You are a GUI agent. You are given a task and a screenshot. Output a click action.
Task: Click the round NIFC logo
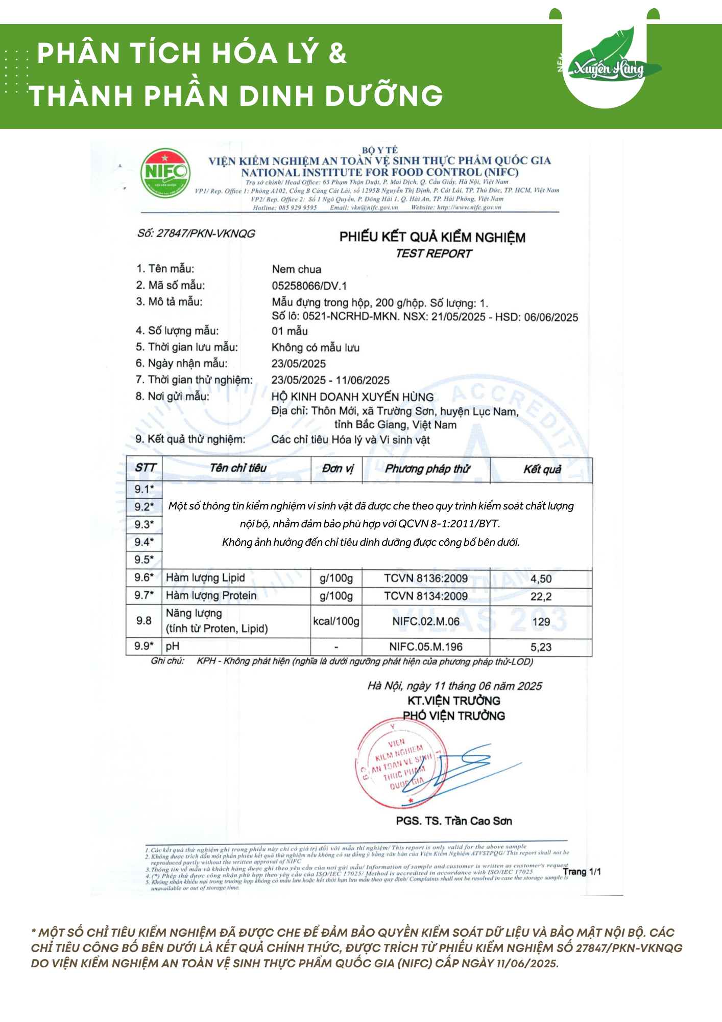pyautogui.click(x=165, y=173)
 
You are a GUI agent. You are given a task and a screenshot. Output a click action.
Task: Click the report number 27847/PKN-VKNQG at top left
pyautogui.click(x=196, y=234)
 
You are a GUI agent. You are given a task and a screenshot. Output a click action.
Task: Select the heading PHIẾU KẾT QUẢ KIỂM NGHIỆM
pyautogui.click(x=432, y=237)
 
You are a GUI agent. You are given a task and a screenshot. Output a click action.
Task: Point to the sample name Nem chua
pyautogui.click(x=297, y=269)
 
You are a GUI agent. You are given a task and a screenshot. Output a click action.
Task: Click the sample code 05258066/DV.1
pyautogui.click(x=309, y=286)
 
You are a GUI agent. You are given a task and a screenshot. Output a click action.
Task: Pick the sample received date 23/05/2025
pyautogui.click(x=298, y=364)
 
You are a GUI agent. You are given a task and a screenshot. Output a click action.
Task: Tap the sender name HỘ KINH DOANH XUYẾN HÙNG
pyautogui.click(x=352, y=397)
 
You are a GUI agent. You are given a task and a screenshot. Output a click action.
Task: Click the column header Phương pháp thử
pyautogui.click(x=427, y=469)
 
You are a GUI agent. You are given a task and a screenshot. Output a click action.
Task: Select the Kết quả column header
pyautogui.click(x=542, y=469)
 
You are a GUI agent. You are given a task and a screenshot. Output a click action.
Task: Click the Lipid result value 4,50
pyautogui.click(x=541, y=579)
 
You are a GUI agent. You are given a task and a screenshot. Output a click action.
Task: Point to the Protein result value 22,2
pyautogui.click(x=541, y=596)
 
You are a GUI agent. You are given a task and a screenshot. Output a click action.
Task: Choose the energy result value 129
pyautogui.click(x=541, y=622)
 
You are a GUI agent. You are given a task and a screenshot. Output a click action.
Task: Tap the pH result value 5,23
pyautogui.click(x=541, y=647)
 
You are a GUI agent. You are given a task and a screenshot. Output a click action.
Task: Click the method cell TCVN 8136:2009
pyautogui.click(x=426, y=578)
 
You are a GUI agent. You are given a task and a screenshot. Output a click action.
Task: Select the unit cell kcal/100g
pyautogui.click(x=336, y=621)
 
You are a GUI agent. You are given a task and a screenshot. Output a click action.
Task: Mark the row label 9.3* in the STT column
pyautogui.click(x=144, y=524)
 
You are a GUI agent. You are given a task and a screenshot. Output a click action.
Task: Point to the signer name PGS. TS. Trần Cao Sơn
pyautogui.click(x=453, y=821)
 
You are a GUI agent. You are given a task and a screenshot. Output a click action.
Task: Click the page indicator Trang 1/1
pyautogui.click(x=582, y=872)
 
